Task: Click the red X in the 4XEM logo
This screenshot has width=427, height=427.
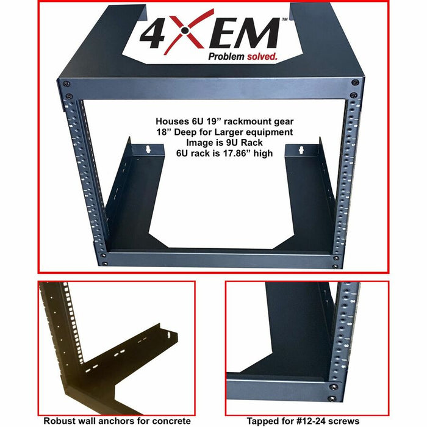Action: pos(185,30)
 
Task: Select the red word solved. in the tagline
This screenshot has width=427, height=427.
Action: pos(262,56)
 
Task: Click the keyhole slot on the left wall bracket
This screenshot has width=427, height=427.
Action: pos(148,149)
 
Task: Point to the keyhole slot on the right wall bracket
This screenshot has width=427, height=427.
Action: pos(301,150)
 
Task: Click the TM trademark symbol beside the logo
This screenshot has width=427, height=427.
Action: pos(285,20)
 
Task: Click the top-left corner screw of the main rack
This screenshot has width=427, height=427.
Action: pos(66,84)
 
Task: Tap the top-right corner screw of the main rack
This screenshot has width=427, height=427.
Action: pos(355,82)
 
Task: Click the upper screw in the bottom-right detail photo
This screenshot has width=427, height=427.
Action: pos(333,387)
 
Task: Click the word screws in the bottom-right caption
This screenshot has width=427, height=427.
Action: pos(343,421)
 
